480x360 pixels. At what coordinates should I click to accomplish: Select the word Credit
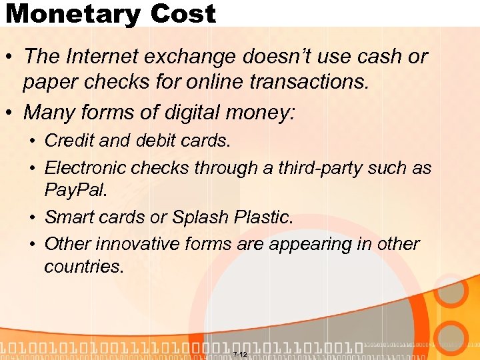pos(69,141)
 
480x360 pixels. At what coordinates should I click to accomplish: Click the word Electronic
pos(86,169)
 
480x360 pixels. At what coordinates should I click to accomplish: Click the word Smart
pos(68,218)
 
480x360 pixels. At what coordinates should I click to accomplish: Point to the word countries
pos(83,267)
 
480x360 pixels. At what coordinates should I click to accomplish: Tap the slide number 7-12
pos(240,354)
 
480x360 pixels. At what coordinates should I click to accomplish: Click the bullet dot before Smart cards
pos(31,218)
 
